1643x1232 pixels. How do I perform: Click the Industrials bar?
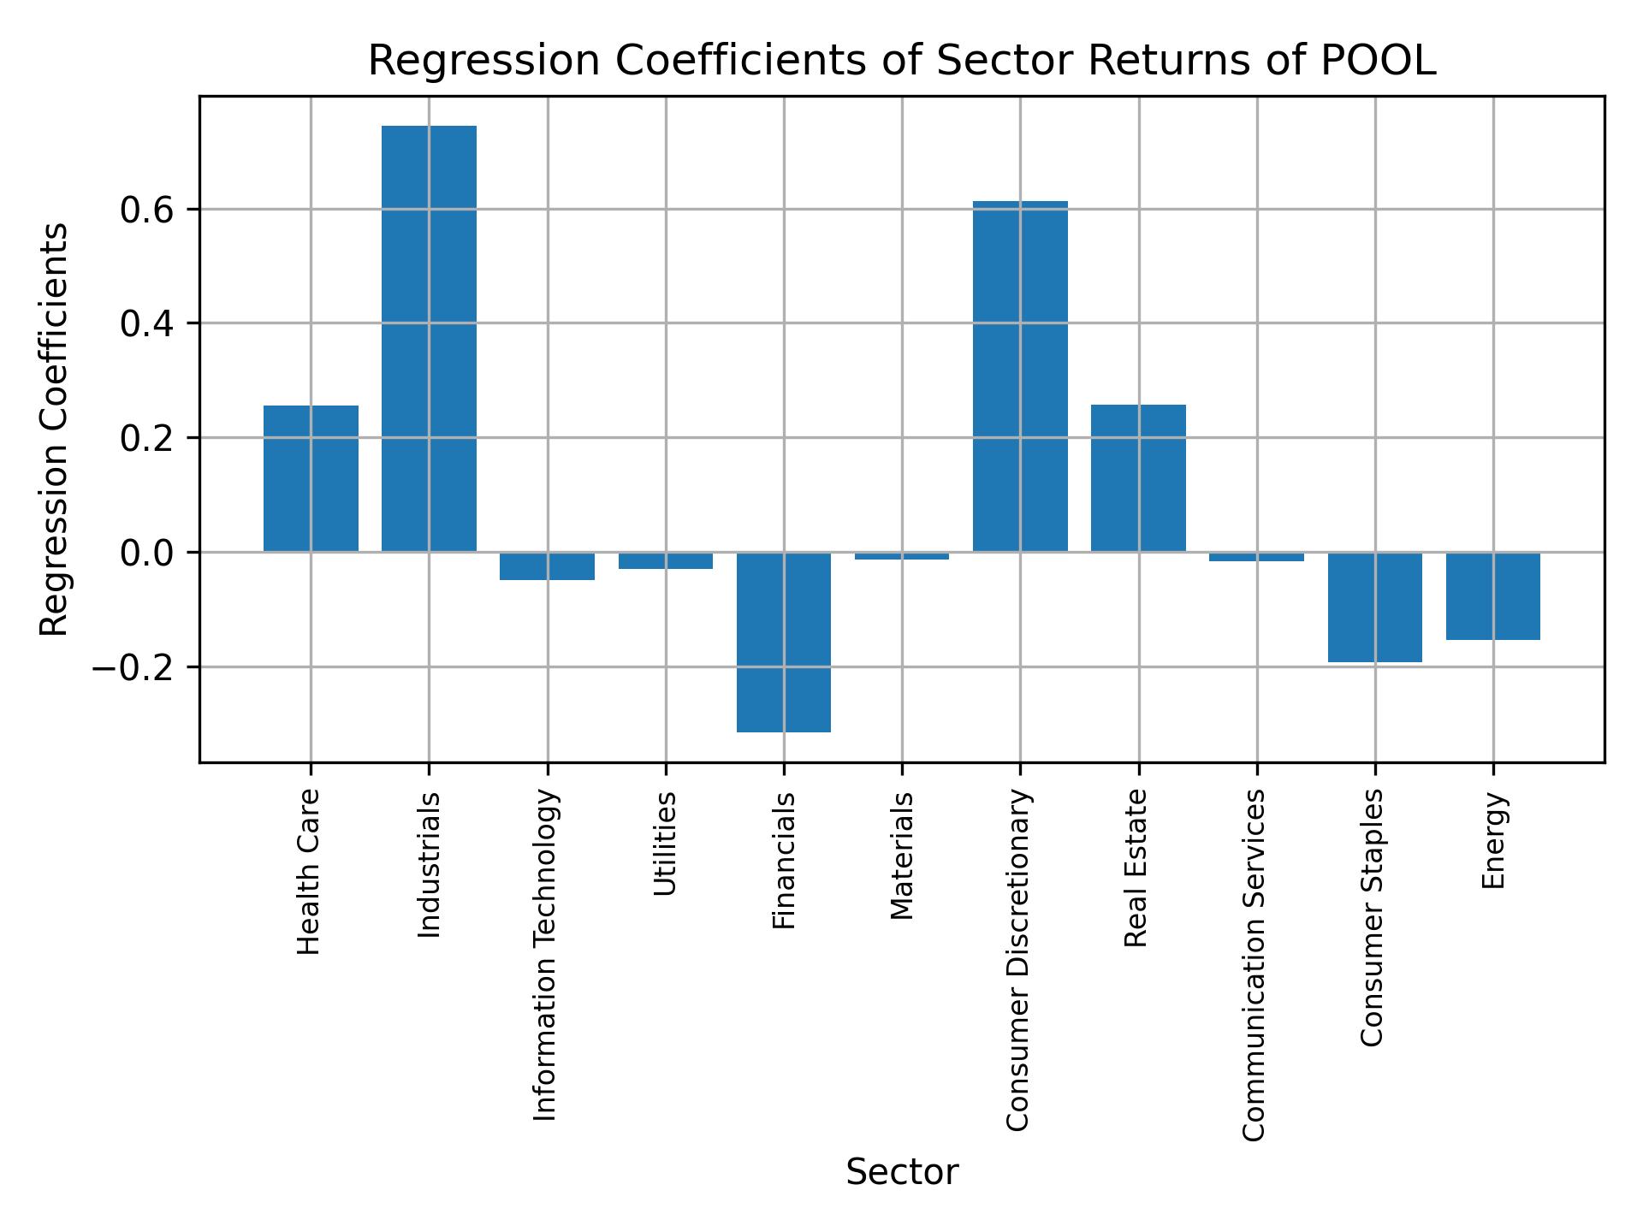(429, 338)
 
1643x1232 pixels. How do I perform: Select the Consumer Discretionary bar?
(1020, 376)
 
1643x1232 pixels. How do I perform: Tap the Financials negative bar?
(784, 642)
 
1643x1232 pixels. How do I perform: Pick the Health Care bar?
(311, 478)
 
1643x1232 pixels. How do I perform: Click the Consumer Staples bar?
(1374, 607)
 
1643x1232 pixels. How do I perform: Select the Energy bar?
(1492, 595)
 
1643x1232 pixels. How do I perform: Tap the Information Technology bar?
(547, 566)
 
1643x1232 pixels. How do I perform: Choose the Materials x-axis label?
(902, 856)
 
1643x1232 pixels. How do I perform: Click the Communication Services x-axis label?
(1254, 965)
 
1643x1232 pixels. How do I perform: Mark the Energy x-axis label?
(1493, 841)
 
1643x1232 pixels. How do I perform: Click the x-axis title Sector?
(902, 1173)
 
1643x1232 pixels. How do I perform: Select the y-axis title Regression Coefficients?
(55, 429)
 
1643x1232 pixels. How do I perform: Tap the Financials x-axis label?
(784, 861)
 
